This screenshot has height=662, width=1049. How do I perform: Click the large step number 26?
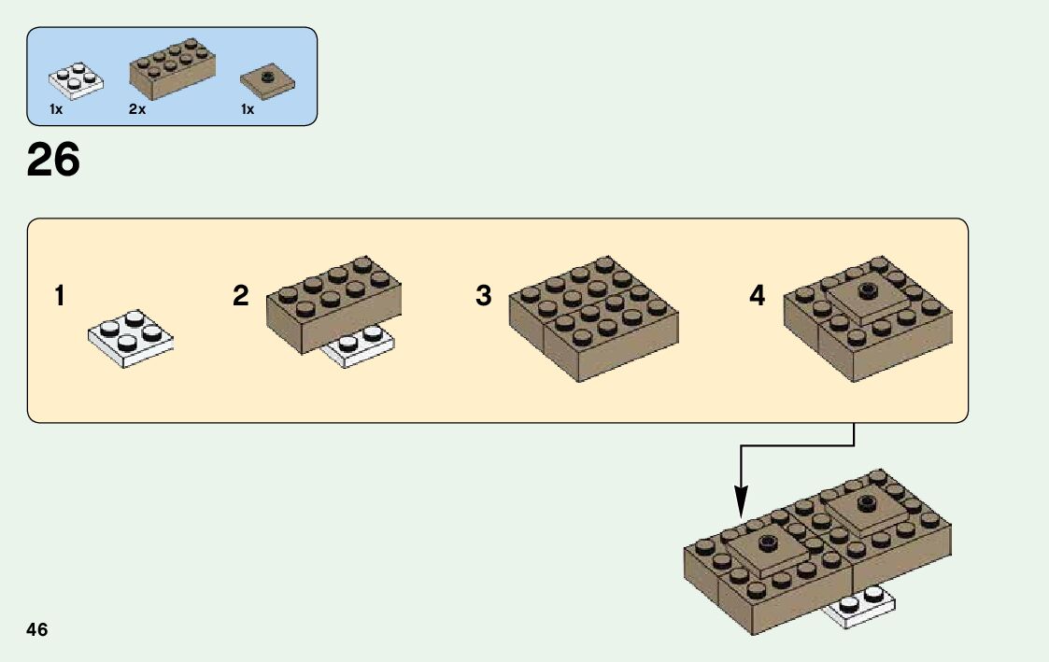(x=53, y=161)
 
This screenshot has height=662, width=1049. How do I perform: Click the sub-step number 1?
(x=60, y=297)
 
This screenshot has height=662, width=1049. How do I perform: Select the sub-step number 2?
(x=241, y=297)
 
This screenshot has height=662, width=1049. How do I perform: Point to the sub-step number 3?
(x=483, y=297)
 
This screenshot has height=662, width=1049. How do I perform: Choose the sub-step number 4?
(x=757, y=297)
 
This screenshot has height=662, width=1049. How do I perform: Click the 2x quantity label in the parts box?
(x=137, y=110)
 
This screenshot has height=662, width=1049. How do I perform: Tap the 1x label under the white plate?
(x=56, y=110)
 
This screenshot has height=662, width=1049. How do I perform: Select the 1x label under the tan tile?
(x=248, y=110)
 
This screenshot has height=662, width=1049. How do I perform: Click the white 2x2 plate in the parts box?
(x=76, y=80)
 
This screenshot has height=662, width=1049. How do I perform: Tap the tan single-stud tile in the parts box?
(x=267, y=81)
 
